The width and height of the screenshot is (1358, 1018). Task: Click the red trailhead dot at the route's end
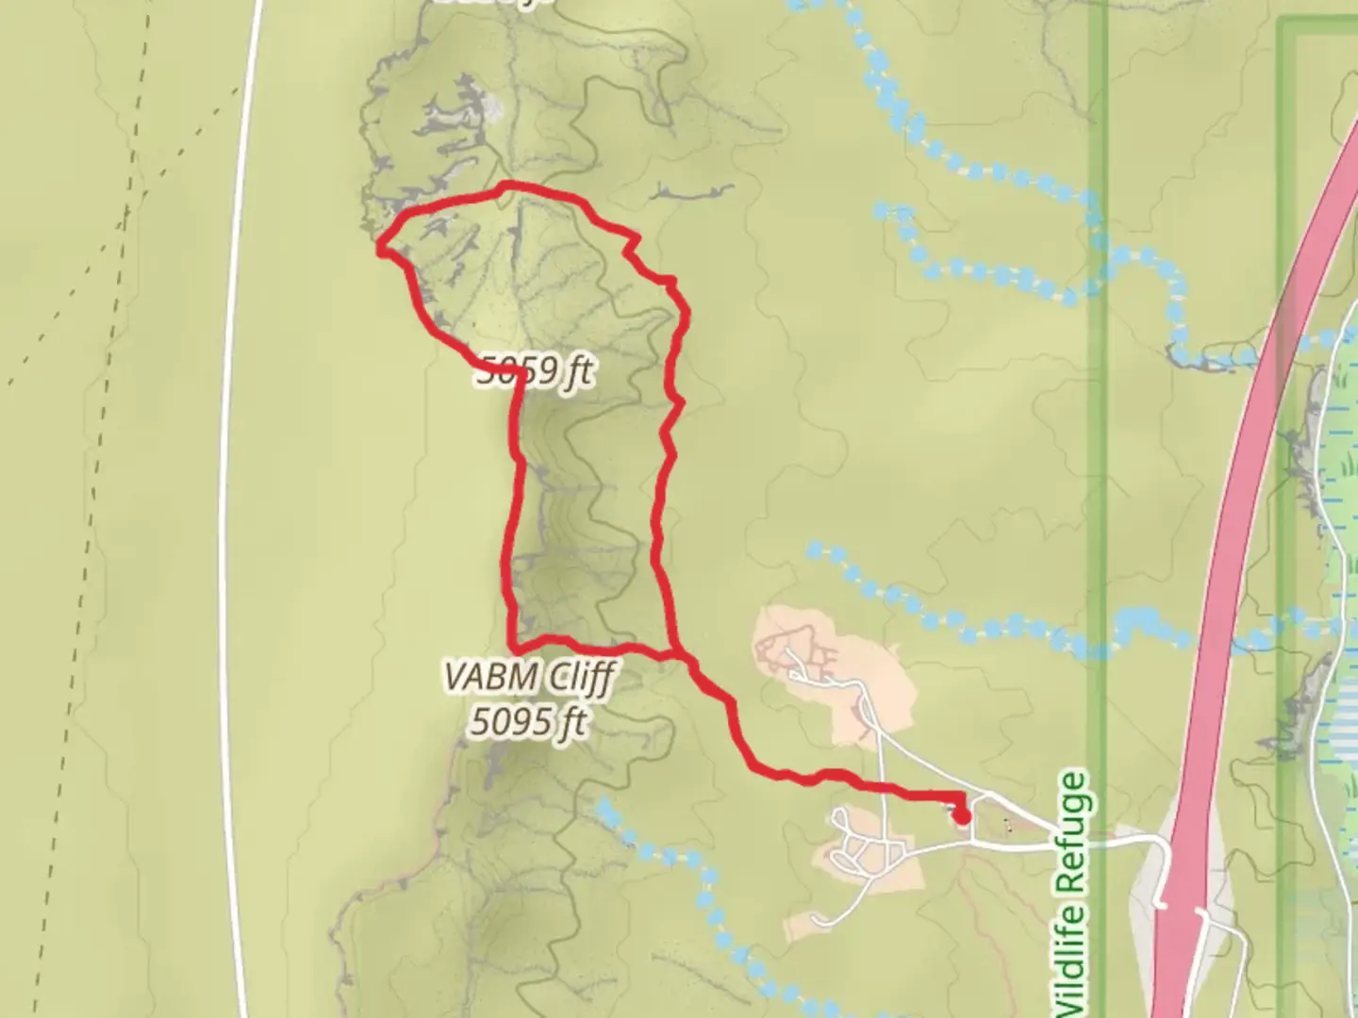pyautogui.click(x=961, y=816)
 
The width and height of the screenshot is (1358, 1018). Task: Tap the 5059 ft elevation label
pyautogui.click(x=535, y=371)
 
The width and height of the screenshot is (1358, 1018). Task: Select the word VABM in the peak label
pyautogui.click(x=489, y=677)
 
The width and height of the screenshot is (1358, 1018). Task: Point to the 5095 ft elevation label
pyautogui.click(x=528, y=723)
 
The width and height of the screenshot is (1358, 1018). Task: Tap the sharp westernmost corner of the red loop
pyautogui.click(x=380, y=249)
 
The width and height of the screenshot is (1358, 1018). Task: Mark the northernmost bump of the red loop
pyautogui.click(x=507, y=185)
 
